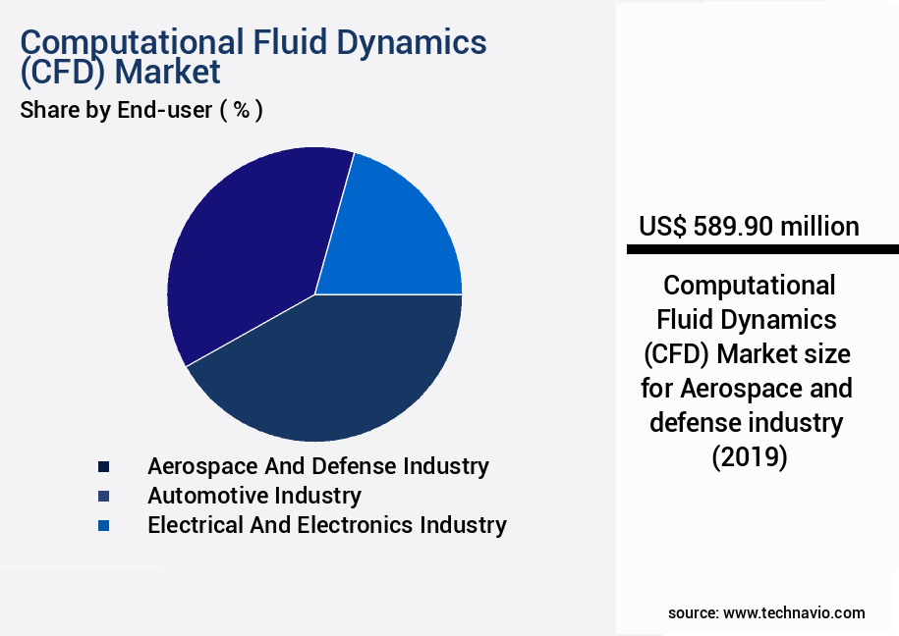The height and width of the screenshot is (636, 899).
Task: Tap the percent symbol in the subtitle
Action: coord(240,110)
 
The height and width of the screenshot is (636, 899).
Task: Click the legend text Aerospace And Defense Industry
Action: coord(317,466)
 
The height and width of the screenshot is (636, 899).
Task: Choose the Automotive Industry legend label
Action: coord(253,496)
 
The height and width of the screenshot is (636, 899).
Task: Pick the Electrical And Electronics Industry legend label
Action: coord(326,525)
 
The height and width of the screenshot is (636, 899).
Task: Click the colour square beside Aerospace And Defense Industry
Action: coord(103,467)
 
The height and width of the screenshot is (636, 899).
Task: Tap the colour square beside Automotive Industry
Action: coord(103,497)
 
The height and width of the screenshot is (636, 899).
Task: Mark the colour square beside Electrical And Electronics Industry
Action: coord(103,526)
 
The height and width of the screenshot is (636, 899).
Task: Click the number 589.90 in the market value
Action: coord(732,227)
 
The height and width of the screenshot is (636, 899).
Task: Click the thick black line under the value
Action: coord(762,250)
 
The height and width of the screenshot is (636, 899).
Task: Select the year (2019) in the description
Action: coord(749,457)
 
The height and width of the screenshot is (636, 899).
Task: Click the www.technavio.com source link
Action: coord(794,612)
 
